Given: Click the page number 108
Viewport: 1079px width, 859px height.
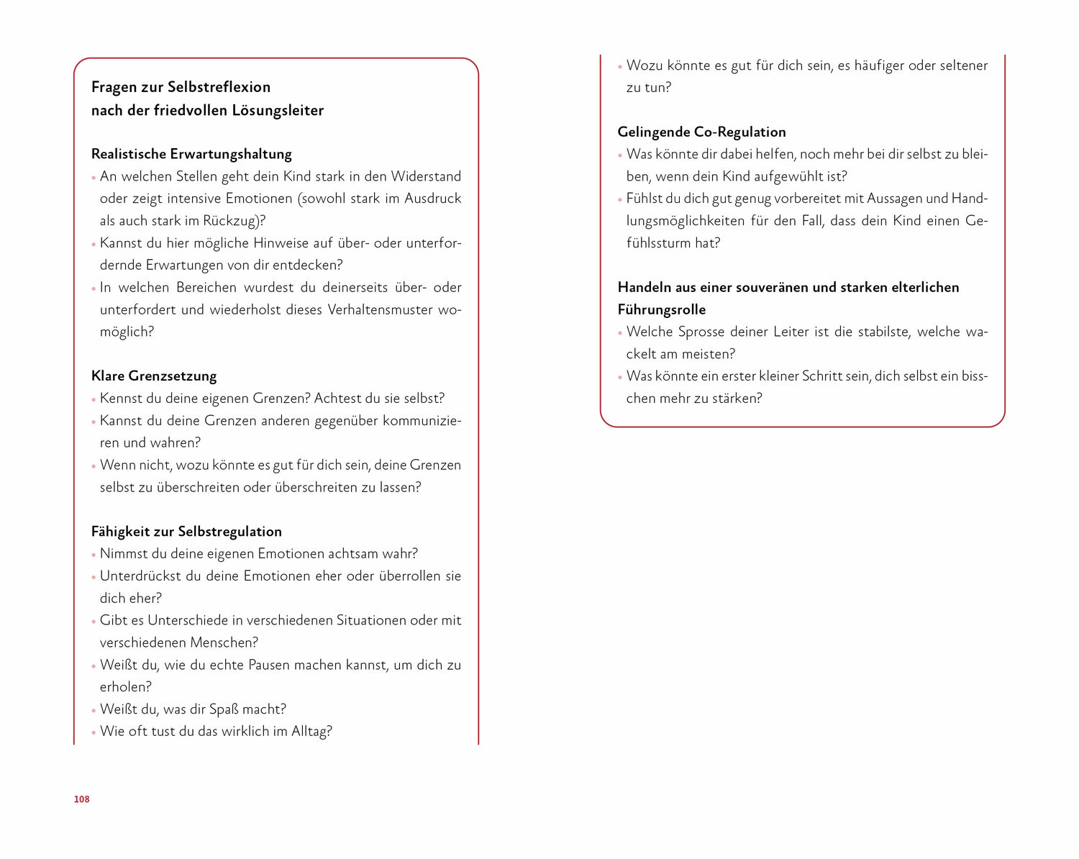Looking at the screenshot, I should pos(81,799).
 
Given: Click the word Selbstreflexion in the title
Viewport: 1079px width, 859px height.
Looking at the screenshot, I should pos(219,87).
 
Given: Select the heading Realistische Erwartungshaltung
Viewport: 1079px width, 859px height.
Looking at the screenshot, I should pos(191,154).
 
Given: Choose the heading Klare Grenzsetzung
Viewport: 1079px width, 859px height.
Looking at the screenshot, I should pos(154,376).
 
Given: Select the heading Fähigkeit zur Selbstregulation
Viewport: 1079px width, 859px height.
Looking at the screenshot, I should pos(186,532).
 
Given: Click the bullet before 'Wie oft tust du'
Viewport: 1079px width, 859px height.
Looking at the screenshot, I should pos(94,732).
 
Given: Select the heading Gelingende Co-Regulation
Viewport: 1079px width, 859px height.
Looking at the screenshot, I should pos(701,132).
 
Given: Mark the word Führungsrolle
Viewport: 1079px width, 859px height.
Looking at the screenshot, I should pos(662,309).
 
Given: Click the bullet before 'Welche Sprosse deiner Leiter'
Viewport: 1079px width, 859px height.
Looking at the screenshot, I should pos(620,333).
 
